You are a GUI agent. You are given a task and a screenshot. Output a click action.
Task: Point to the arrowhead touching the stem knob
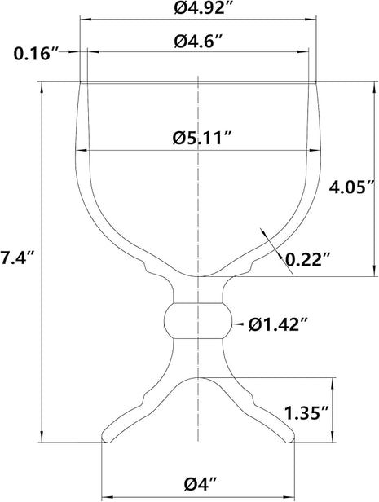click(233, 324)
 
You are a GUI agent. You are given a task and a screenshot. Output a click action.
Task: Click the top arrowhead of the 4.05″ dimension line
click(374, 86)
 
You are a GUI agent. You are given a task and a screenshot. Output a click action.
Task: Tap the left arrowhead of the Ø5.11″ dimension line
click(82, 152)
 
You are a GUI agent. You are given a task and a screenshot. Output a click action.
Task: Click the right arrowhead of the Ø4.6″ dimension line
click(307, 55)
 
